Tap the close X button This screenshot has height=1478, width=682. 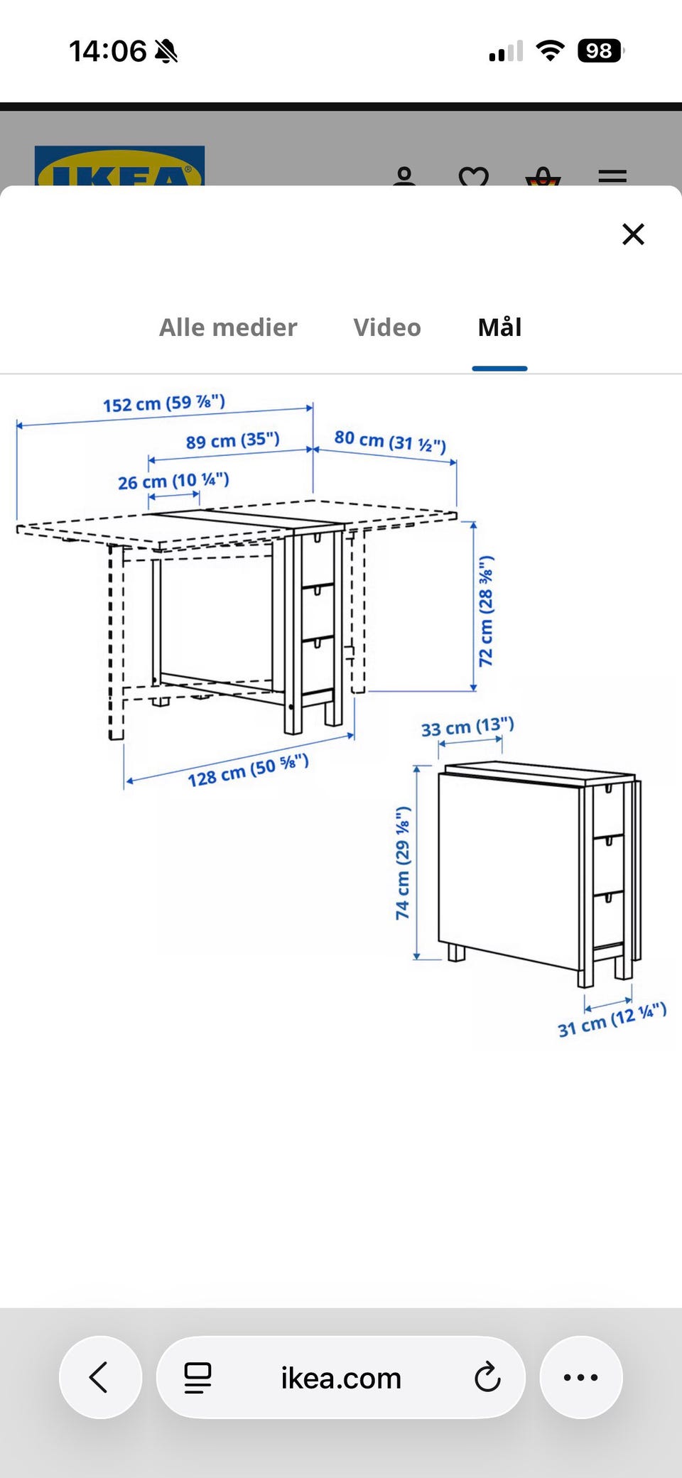[x=633, y=234]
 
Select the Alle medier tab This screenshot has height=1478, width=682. [x=228, y=327]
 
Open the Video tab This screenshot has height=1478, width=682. [x=387, y=327]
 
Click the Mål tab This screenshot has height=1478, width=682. [x=500, y=327]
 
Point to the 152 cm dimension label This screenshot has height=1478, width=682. [x=164, y=403]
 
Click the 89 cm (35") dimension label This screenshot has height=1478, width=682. [x=233, y=440]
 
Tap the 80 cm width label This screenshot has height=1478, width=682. [x=390, y=441]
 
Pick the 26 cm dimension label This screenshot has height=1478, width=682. [x=173, y=482]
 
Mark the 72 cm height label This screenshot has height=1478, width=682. [x=486, y=611]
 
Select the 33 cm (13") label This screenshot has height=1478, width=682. [x=467, y=727]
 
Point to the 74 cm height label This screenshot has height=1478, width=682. [x=403, y=863]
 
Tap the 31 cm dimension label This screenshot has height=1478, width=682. [x=612, y=1020]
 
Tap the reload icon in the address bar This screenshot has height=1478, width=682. [x=487, y=1377]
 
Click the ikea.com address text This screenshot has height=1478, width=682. [x=341, y=1378]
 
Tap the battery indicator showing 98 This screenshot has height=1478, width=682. [x=601, y=51]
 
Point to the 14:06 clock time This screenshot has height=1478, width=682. [x=107, y=51]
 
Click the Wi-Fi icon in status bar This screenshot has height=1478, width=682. [x=550, y=51]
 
